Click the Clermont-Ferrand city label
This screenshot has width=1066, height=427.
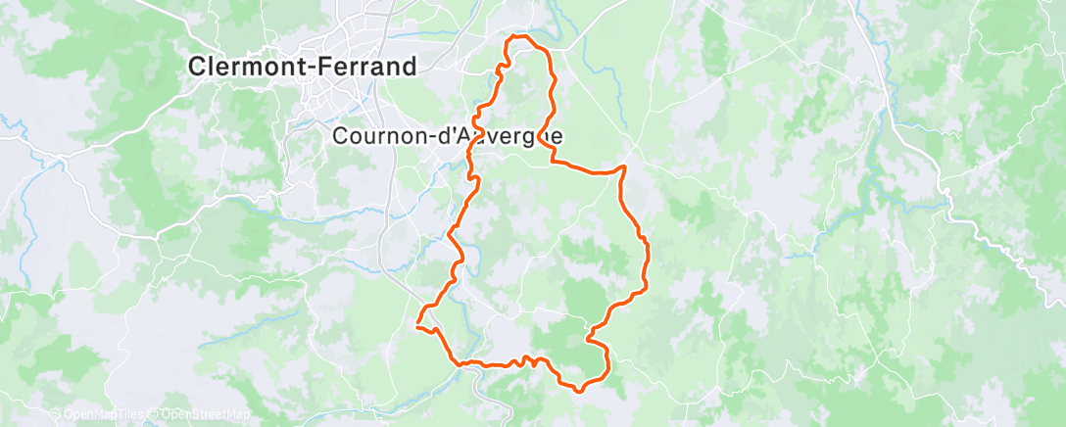(303, 67)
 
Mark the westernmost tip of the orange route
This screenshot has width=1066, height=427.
(418, 324)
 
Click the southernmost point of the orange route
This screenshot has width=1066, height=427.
(579, 390)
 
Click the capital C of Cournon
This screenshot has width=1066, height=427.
(341, 137)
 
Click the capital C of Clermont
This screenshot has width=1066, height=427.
(196, 67)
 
